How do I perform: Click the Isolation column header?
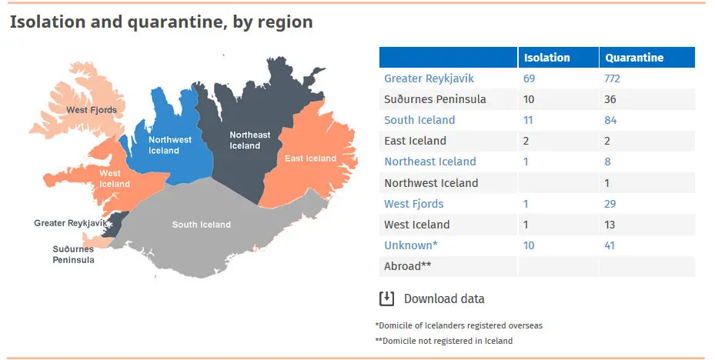(546, 58)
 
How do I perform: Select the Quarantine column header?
(634, 58)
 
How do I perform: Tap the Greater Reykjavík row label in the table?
(429, 78)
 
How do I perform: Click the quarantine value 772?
(612, 78)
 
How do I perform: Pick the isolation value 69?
(529, 78)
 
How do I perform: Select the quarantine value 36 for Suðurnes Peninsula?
(610, 99)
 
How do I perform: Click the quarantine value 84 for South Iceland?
(610, 120)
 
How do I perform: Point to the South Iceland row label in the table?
(419, 120)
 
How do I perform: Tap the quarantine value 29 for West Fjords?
(610, 204)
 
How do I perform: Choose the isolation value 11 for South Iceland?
(528, 120)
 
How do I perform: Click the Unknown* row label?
(411, 245)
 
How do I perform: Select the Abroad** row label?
(408, 265)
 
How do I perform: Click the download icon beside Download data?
(386, 298)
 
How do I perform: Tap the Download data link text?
(444, 299)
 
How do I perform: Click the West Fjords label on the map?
(92, 110)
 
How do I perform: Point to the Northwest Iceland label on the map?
(169, 145)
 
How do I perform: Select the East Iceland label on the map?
(310, 158)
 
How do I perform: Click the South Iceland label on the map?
(201, 224)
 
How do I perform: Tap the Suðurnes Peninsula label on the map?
(73, 255)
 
